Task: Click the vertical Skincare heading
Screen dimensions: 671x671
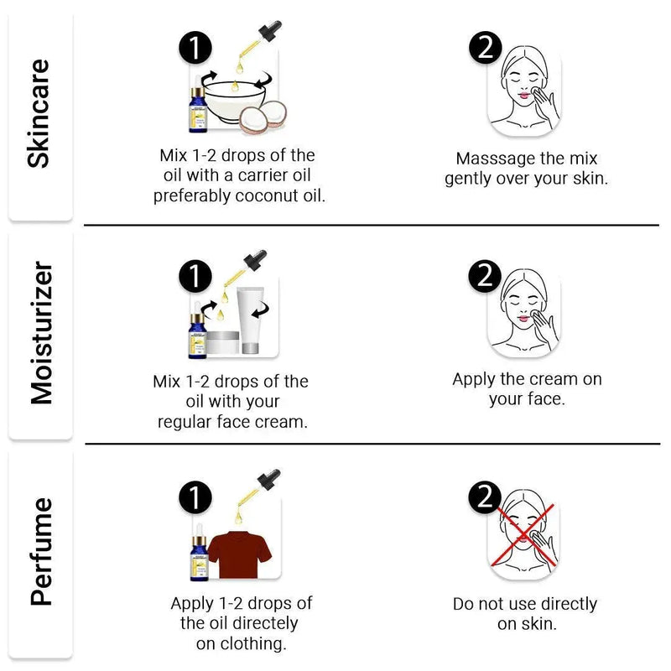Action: tap(39, 114)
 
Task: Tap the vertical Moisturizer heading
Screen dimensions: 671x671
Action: tap(41, 333)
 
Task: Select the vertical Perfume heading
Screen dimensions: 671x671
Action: tap(41, 552)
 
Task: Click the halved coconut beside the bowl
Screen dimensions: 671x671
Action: tap(263, 117)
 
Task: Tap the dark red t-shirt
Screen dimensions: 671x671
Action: tap(240, 555)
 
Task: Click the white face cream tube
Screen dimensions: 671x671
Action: tap(250, 320)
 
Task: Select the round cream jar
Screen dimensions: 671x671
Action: tap(222, 342)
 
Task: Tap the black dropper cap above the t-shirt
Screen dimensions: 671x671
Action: tap(268, 479)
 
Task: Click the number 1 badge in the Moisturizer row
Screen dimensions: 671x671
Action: tap(195, 277)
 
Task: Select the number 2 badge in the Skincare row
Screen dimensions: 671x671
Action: tap(486, 48)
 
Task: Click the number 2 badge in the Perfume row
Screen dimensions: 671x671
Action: tap(485, 497)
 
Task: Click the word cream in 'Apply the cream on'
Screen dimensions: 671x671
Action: tap(556, 379)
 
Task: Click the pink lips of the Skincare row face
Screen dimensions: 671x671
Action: tap(523, 95)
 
